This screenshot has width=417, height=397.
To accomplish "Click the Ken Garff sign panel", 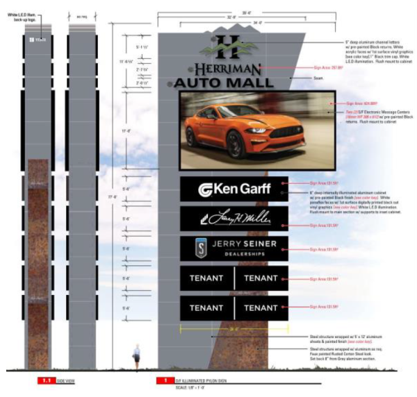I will [234, 189].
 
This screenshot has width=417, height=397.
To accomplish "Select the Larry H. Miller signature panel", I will [234, 219].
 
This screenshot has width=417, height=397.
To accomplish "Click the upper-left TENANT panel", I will [206, 278].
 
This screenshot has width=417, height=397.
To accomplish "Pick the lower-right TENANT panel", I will [261, 307].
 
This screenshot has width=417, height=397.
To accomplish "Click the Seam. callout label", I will [318, 78].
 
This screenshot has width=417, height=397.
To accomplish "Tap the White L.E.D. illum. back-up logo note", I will [28, 15].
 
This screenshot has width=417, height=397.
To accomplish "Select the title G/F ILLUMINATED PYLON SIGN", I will [202, 381].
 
